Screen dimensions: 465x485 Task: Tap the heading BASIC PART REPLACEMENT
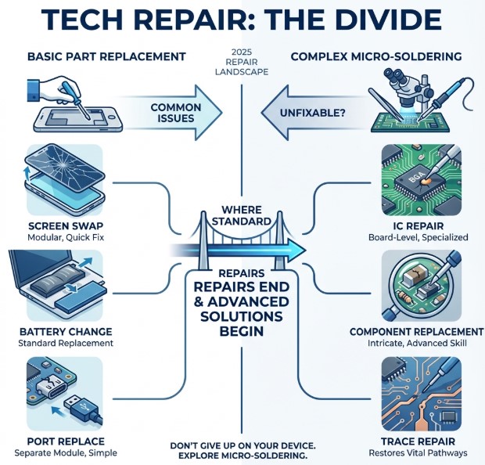coord(106,56)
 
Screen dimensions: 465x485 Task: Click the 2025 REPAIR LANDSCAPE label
coord(242,63)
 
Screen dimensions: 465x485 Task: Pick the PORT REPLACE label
coord(54,441)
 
